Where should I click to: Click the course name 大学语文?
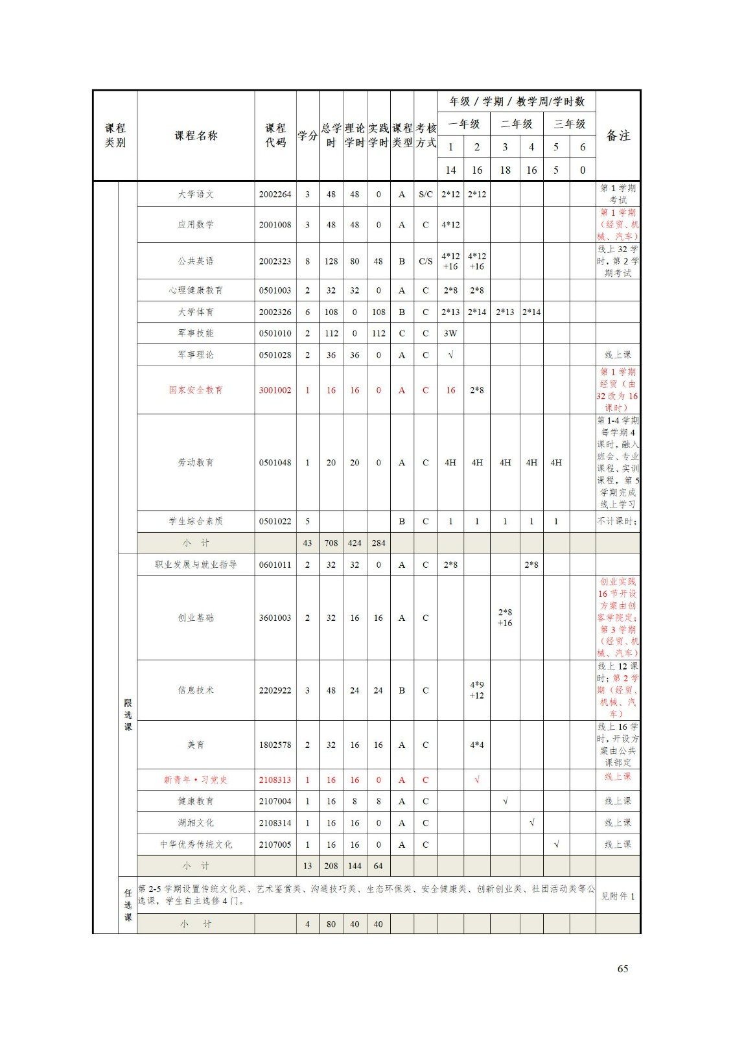196,194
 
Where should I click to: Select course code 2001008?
275,225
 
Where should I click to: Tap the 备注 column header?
618,135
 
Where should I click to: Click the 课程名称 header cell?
196,135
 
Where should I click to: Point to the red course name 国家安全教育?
196,390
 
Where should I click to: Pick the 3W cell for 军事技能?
450,333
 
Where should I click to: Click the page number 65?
622,968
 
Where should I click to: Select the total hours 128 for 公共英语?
331,261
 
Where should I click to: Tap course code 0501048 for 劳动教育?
275,463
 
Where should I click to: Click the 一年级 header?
464,124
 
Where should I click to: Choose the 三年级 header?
569,124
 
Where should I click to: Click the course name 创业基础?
196,618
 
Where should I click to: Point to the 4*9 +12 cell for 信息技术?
477,690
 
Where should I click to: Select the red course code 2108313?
275,780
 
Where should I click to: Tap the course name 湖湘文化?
196,823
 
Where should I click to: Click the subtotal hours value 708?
331,543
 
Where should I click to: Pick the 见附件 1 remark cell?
618,896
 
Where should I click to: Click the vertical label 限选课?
128,715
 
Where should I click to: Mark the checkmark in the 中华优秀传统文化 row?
556,845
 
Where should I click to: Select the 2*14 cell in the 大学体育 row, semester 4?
531,312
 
